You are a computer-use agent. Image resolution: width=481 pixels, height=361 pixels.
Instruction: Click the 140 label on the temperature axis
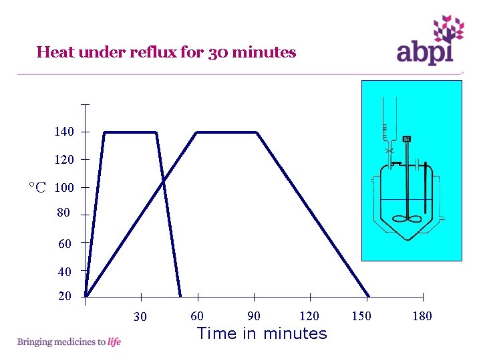64,132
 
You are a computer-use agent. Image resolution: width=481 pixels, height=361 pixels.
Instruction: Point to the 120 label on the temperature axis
64,160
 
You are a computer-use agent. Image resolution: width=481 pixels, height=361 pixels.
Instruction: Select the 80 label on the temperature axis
63,213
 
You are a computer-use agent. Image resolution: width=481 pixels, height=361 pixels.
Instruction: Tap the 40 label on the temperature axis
64,272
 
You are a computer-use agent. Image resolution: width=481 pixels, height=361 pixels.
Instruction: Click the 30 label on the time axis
140,317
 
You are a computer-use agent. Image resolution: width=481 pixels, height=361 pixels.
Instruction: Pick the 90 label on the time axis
254,316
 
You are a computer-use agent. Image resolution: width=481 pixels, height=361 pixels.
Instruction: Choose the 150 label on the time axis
361,316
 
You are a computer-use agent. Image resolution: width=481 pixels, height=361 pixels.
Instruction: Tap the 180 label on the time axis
422,316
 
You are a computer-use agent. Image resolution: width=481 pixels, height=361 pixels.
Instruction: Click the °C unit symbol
37,187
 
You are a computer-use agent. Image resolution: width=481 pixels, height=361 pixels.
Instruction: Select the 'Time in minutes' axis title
262,333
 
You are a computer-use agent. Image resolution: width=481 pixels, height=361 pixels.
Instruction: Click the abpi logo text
425,52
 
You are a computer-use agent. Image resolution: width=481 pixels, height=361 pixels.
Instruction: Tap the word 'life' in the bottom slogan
114,342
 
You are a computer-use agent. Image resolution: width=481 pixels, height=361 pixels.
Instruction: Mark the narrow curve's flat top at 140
131,132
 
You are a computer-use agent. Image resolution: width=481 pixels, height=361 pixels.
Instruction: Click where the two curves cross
163,180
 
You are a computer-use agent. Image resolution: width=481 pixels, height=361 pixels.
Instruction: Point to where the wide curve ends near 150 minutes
369,296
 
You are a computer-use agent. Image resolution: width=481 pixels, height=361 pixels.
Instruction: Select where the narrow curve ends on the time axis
180,296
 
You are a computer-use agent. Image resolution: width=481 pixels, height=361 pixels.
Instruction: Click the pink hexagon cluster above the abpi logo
448,29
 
